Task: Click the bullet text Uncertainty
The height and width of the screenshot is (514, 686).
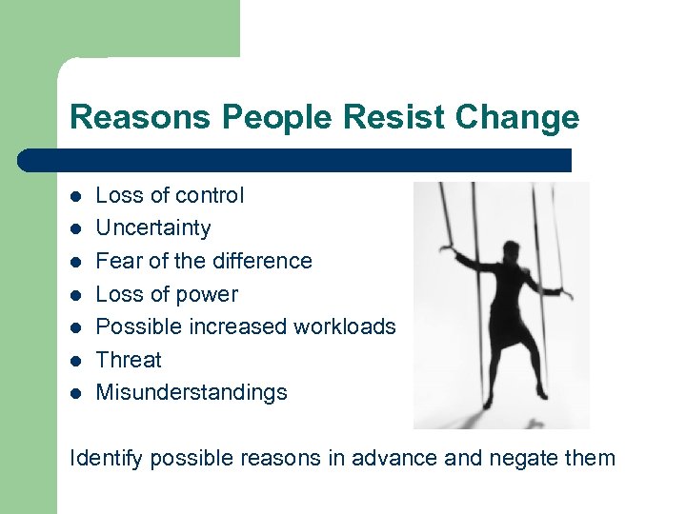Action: click(153, 228)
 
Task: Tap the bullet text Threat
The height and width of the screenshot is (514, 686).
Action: click(129, 360)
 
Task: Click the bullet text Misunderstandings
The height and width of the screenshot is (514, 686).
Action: click(192, 392)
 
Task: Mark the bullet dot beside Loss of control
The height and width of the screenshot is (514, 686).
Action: click(75, 196)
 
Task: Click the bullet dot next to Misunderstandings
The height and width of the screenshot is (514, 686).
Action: click(75, 393)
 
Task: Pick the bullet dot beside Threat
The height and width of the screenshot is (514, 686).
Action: click(75, 361)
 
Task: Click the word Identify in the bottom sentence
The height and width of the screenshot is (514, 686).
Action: click(107, 459)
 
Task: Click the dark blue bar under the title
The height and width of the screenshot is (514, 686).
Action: click(295, 160)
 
